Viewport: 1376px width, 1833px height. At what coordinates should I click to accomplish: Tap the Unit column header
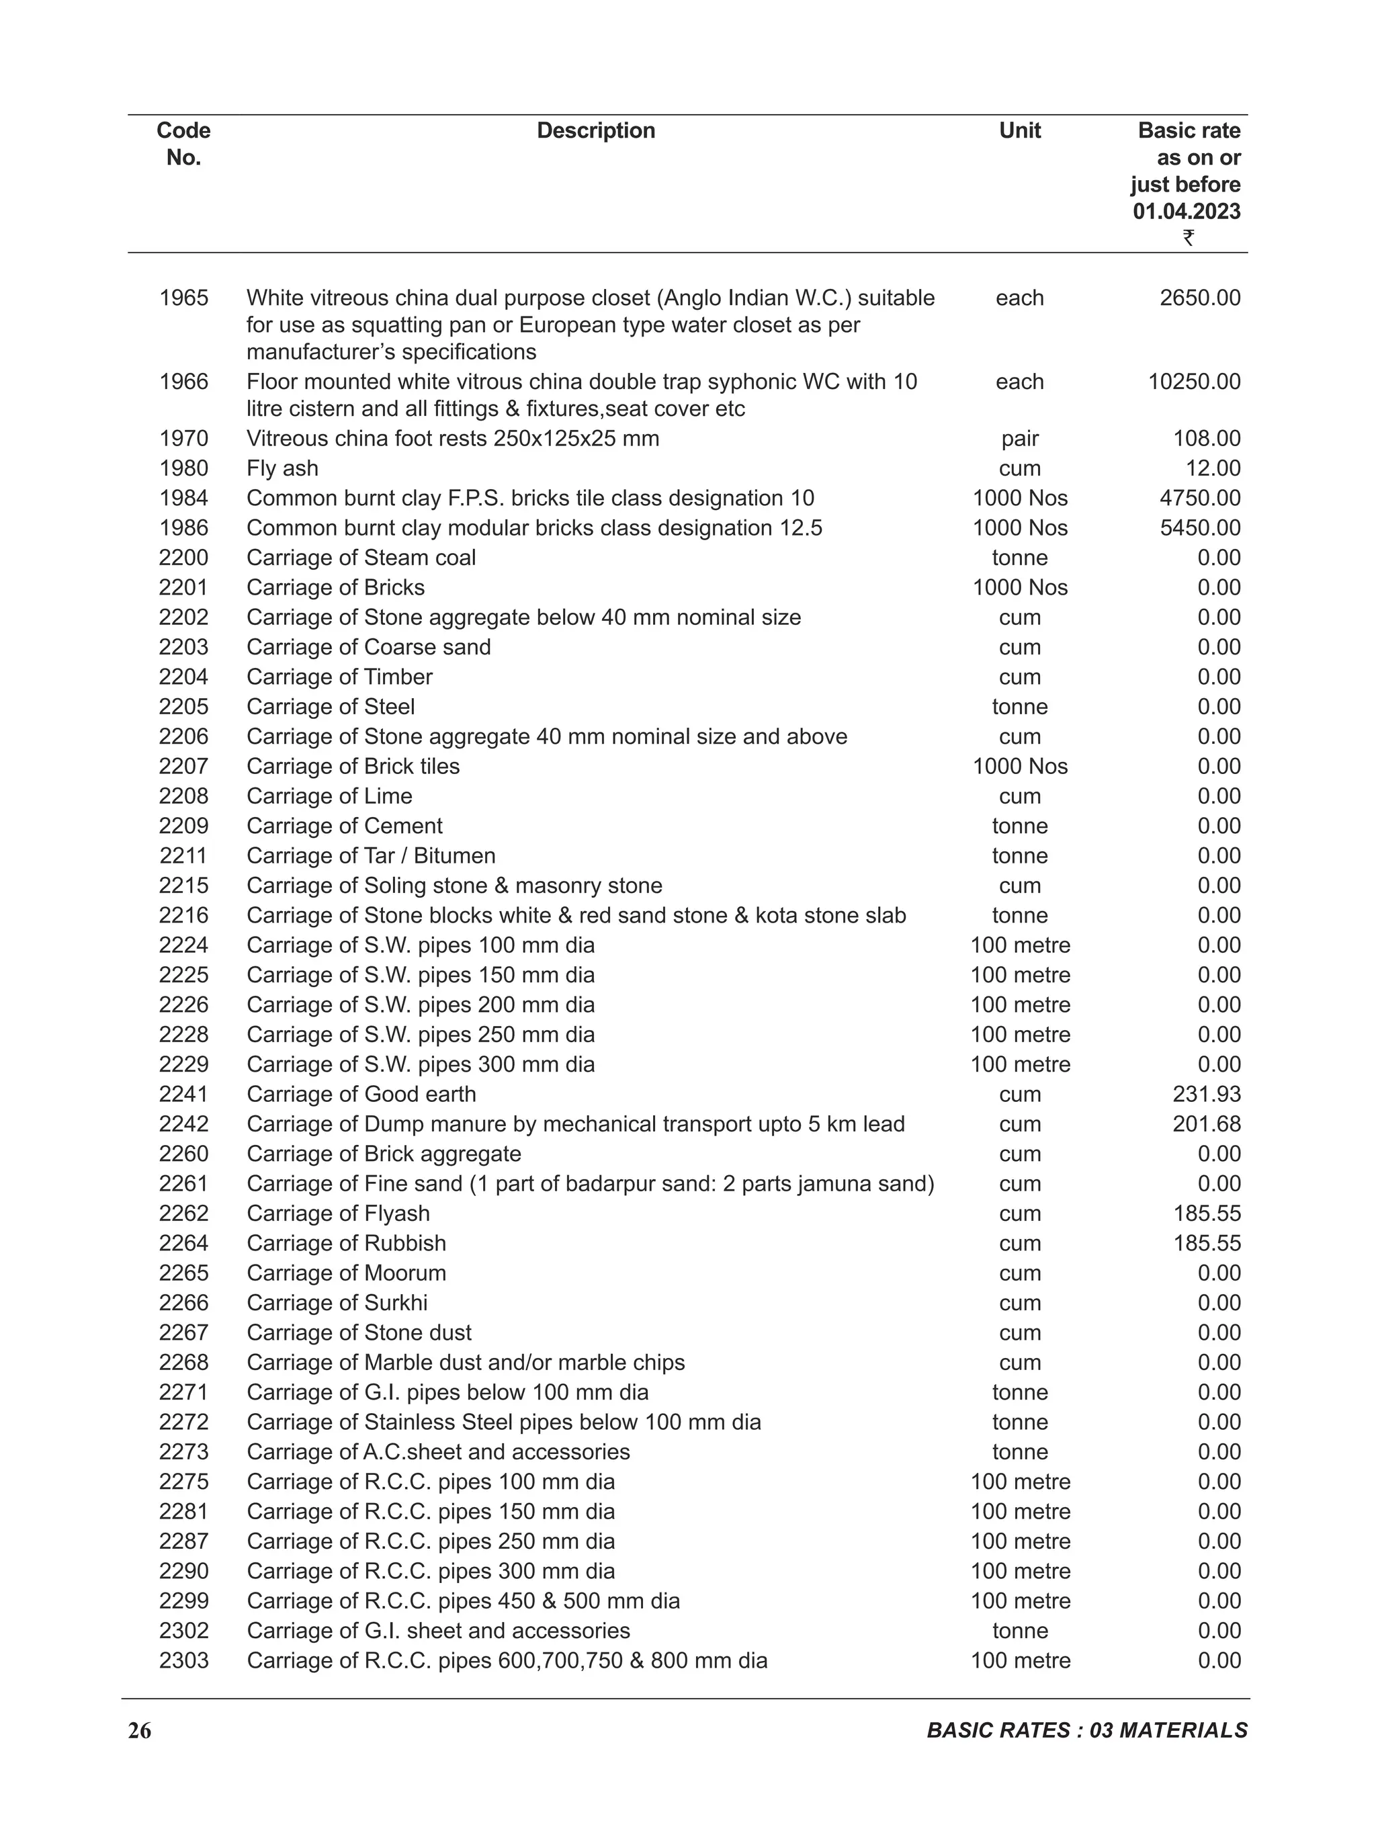(1019, 130)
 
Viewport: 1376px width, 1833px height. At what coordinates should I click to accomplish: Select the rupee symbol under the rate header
(1188, 238)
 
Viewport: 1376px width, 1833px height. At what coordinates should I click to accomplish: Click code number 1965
(184, 298)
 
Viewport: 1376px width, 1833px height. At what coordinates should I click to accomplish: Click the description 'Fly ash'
(282, 468)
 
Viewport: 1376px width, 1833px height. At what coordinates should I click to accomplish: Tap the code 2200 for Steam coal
(184, 558)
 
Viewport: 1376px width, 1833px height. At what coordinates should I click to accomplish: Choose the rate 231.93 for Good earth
(1206, 1094)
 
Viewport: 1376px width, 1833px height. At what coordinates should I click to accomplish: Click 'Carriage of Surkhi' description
(337, 1303)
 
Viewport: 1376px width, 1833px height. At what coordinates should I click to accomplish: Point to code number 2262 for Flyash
(184, 1213)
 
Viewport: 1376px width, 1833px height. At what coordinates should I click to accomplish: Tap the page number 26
(139, 1730)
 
